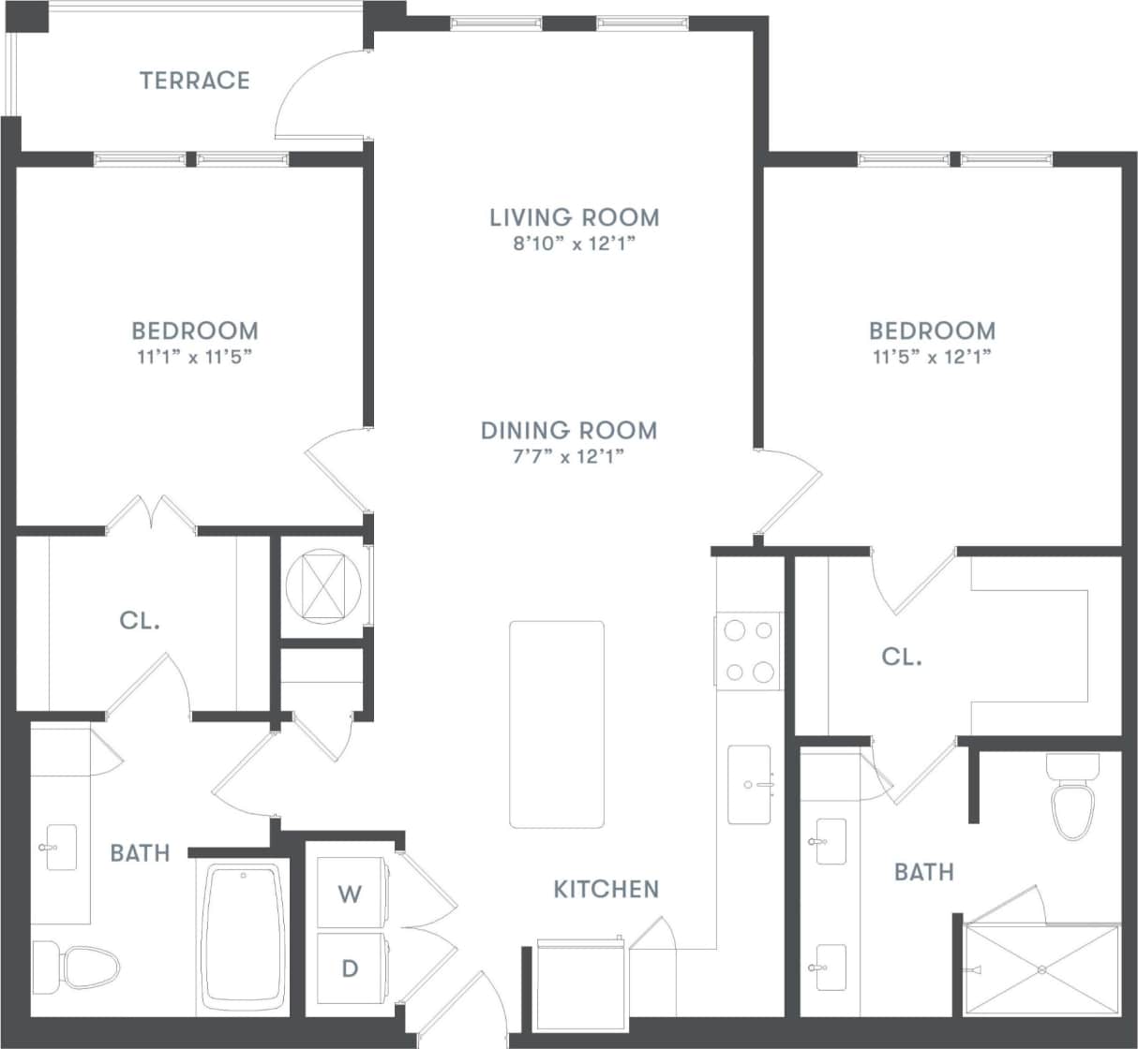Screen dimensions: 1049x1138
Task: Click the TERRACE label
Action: tap(195, 81)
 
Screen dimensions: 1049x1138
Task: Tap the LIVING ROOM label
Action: tap(574, 217)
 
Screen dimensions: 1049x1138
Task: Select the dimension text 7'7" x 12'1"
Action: tap(565, 457)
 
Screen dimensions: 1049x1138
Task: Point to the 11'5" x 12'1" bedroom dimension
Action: tap(931, 357)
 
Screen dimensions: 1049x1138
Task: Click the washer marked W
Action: tap(350, 894)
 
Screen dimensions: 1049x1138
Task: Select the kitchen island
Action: tap(557, 724)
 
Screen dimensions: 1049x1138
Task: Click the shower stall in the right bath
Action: tap(1041, 968)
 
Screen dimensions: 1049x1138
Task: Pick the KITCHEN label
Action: tap(606, 889)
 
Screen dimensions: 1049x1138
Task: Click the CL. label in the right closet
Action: tap(902, 657)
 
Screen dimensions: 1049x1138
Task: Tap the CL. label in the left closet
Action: tap(140, 620)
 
